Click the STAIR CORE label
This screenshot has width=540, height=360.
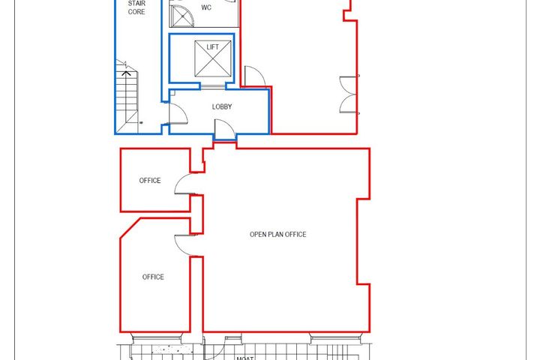tap(136, 7)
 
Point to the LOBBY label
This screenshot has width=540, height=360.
tap(222, 106)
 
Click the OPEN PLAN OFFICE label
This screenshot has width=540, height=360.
tap(277, 235)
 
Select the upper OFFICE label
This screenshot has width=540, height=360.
tap(150, 181)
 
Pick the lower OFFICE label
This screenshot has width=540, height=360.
tap(153, 277)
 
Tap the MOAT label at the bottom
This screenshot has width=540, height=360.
tap(244, 358)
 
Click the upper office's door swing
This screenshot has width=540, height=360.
tap(185, 184)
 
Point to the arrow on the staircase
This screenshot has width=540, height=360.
tap(127, 73)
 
